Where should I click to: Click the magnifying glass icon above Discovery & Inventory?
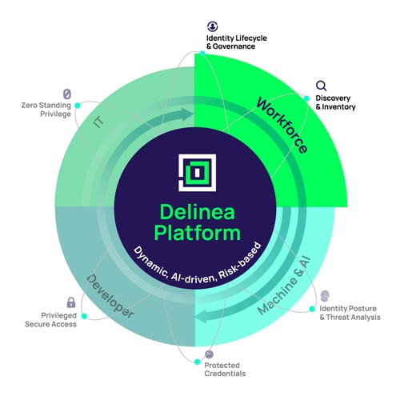[x=321, y=86]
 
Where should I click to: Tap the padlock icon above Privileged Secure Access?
[x=71, y=302]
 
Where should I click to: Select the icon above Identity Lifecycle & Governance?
[x=212, y=26]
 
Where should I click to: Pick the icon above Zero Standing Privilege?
[x=67, y=93]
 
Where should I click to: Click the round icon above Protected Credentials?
[x=210, y=353]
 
